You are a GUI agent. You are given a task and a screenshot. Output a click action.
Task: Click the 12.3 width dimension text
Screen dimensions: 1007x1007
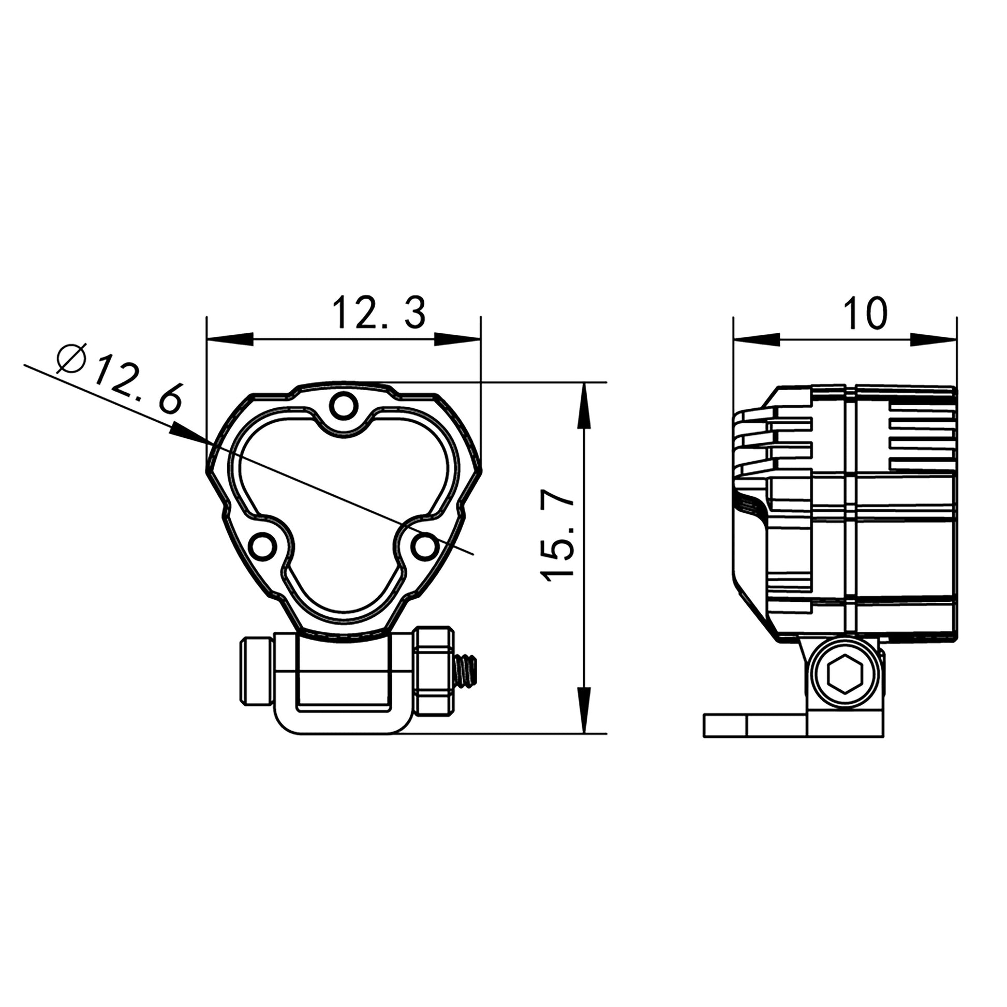tap(379, 313)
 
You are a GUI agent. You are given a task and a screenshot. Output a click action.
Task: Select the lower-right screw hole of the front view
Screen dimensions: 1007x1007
tap(425, 547)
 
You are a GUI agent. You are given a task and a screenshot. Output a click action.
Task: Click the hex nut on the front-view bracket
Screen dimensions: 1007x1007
tap(434, 670)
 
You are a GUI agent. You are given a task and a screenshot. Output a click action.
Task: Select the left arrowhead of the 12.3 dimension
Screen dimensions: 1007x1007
tap(229, 339)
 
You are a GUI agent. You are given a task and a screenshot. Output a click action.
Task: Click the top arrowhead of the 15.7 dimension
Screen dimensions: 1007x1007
tap(585, 406)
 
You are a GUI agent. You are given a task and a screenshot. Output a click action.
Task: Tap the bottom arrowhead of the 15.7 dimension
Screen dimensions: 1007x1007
tap(585, 710)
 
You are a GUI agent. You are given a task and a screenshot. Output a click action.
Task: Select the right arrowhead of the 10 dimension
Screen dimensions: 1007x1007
tap(934, 339)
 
